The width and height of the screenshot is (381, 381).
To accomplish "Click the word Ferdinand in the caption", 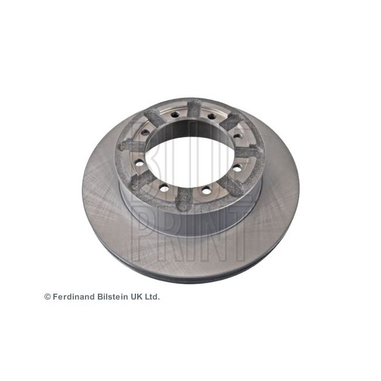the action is pos(74,297).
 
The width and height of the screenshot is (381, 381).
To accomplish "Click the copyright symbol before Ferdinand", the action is pos(47,297).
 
